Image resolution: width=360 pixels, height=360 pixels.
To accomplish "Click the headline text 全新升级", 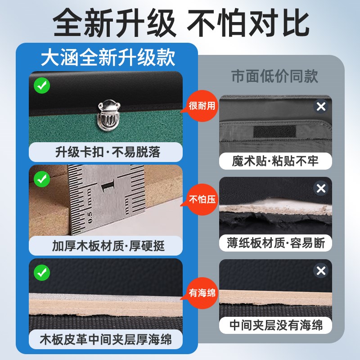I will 115,23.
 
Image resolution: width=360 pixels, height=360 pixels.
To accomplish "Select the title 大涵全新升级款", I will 108,57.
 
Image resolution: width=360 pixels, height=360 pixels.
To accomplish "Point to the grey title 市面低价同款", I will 274,76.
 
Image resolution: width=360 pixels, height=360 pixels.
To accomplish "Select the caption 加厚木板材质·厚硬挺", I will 108,246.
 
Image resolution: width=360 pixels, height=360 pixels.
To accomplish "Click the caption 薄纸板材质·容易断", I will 275,243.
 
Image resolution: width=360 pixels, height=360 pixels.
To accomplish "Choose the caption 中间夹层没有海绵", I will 275,325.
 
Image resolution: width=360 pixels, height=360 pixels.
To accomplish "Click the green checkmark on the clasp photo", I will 42,85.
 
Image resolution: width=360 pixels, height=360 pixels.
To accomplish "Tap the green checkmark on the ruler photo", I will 42,179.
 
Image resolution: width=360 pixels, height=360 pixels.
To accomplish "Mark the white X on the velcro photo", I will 320,107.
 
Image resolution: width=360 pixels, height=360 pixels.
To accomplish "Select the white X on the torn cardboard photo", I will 320,189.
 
